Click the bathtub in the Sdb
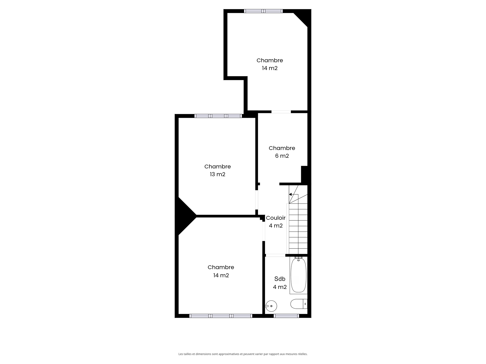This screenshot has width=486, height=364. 298,275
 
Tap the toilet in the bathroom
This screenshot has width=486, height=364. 299,304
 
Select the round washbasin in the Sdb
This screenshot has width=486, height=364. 271,306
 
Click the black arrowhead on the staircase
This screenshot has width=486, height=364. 290,194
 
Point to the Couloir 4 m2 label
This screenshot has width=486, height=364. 276,222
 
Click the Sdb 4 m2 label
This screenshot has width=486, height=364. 280,283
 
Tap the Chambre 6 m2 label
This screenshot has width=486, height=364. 282,152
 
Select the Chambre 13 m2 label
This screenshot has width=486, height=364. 218,170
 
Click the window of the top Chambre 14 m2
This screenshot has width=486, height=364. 263,11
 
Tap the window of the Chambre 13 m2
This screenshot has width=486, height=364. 218,116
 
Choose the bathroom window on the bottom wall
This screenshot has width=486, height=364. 286,316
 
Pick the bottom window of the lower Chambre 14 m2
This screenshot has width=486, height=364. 221,316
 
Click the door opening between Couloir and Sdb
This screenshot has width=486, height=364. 275,255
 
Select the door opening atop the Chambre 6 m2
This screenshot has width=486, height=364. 281,112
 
